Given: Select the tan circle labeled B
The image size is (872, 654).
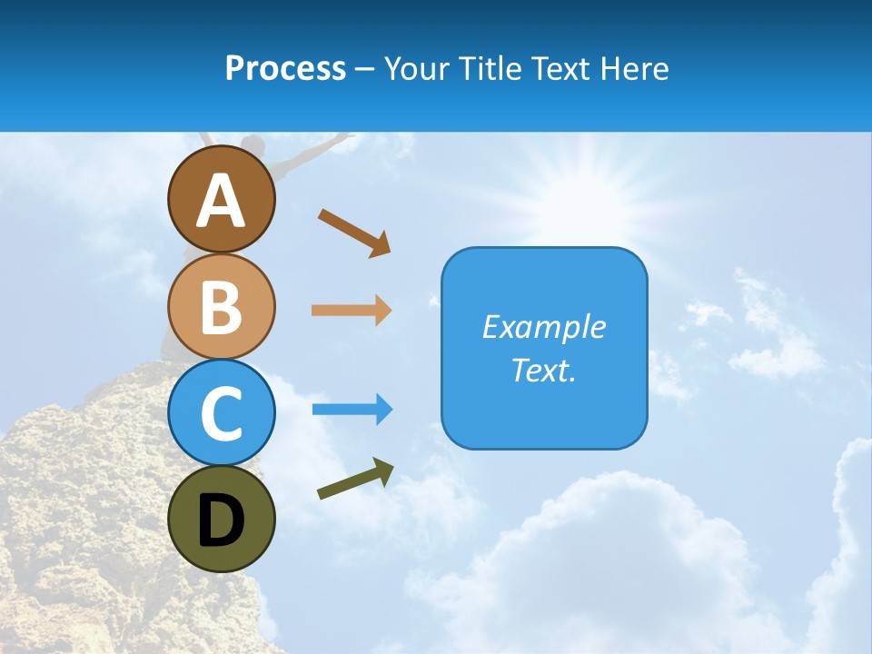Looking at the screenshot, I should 222,306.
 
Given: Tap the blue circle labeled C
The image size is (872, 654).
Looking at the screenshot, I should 222,413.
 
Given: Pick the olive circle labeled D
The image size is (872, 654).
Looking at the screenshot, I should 222,520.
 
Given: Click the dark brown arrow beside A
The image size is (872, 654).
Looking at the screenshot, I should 354,233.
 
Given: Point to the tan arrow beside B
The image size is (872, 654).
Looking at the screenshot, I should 352,310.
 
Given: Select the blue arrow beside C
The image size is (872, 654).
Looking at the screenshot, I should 352,410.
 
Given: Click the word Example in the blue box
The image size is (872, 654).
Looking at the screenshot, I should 544,327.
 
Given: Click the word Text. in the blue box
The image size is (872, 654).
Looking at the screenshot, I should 544,370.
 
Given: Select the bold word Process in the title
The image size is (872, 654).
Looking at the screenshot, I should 285,68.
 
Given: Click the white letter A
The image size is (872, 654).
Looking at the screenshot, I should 222,200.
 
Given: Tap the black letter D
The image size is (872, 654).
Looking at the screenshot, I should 222,521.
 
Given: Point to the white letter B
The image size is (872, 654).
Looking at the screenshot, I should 222,308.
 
